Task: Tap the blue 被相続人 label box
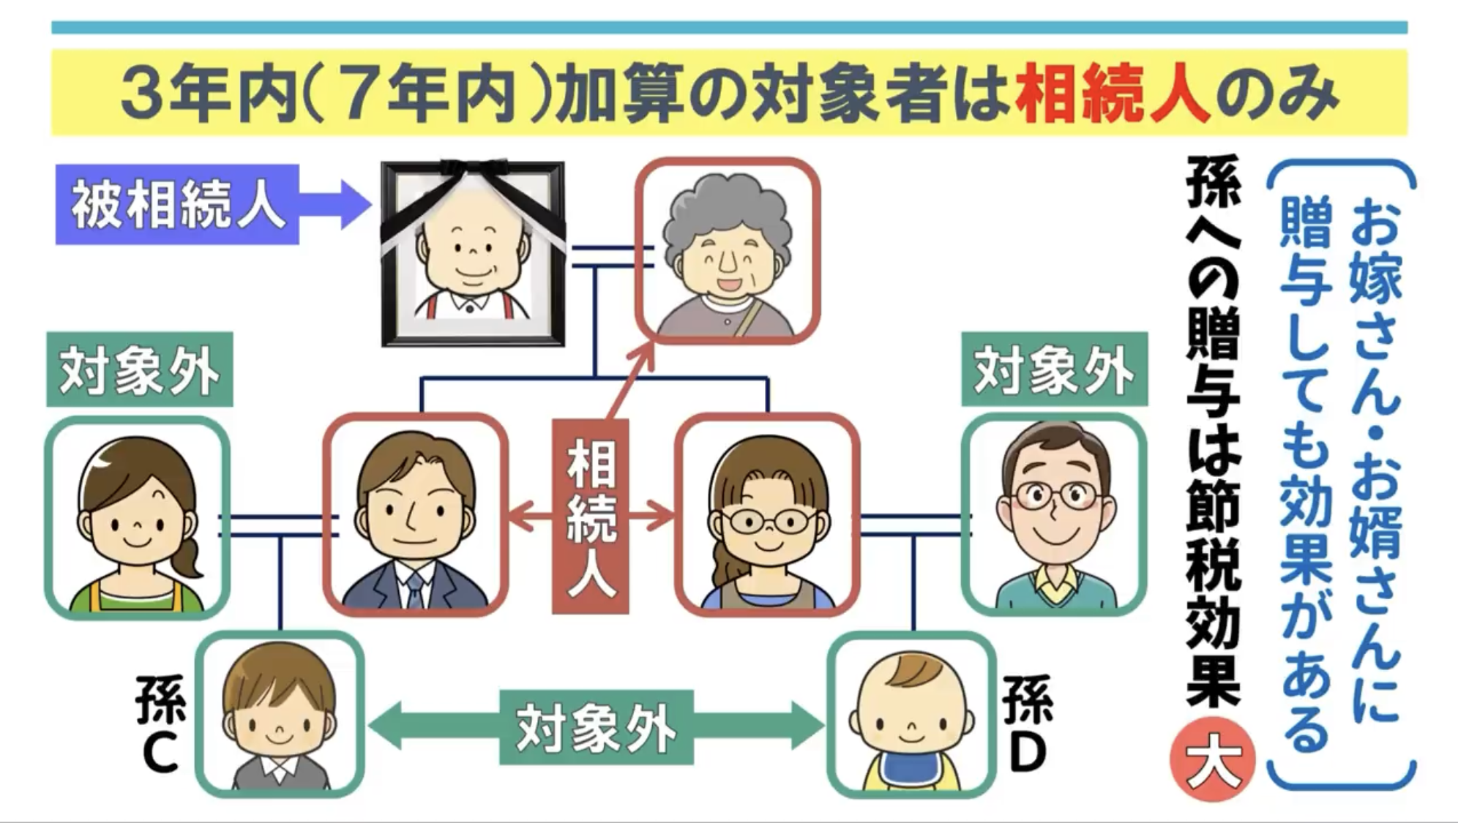[x=177, y=205]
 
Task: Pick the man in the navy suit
[x=416, y=515]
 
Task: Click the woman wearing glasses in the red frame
[x=767, y=515]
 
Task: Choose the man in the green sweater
[x=1054, y=515]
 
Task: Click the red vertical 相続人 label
[x=591, y=516]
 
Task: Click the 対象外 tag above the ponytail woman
[x=139, y=370]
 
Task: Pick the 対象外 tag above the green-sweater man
[x=1054, y=370]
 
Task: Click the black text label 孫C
[x=160, y=724]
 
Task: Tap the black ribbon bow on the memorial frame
[x=473, y=176]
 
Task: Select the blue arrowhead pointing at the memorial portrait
[x=354, y=205]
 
